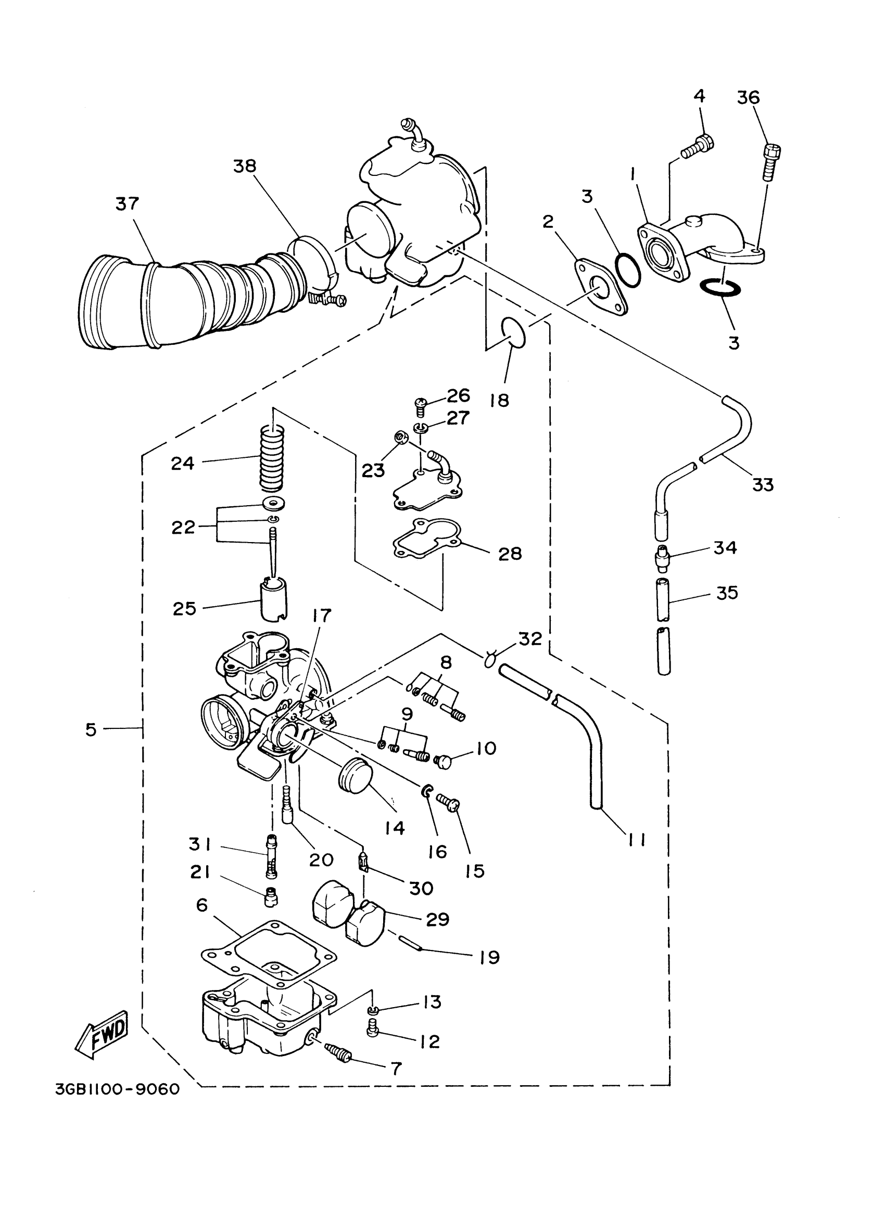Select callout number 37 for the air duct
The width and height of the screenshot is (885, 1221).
tap(127, 204)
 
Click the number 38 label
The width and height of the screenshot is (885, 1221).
tap(244, 166)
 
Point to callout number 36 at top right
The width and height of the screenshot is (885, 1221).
tap(748, 97)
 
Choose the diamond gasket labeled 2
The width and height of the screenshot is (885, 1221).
tap(601, 287)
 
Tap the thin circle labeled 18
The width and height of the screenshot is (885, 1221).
tap(513, 332)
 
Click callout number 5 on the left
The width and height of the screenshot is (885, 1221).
tap(91, 729)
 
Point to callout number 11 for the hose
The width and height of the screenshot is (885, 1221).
tap(637, 839)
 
